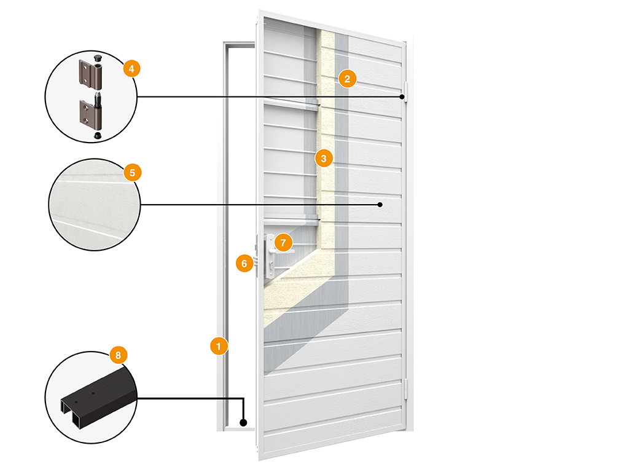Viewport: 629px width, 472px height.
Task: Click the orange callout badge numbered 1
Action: click(x=219, y=346)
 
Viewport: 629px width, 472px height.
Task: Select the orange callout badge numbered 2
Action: click(x=348, y=79)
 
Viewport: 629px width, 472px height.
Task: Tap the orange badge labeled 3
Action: click(x=324, y=158)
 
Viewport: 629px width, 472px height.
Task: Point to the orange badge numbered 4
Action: click(x=131, y=69)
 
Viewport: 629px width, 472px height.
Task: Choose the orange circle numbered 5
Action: click(x=133, y=173)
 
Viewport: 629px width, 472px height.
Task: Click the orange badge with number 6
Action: click(x=244, y=263)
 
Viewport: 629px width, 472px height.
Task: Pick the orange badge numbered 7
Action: click(x=284, y=242)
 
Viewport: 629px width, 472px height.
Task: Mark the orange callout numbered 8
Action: click(x=118, y=355)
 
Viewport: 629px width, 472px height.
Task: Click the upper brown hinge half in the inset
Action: click(x=90, y=74)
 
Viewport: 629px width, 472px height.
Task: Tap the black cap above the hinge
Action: click(x=98, y=57)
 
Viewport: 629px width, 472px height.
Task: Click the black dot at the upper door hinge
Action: click(x=402, y=96)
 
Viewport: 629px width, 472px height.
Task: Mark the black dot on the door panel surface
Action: click(x=380, y=205)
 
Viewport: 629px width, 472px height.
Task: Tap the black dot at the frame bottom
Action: click(x=243, y=422)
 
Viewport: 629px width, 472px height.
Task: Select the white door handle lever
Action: click(x=281, y=251)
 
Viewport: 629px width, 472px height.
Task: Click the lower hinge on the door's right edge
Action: click(x=405, y=388)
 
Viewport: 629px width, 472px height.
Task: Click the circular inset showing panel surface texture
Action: click(x=94, y=205)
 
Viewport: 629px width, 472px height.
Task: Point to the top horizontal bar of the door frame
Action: click(x=240, y=44)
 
